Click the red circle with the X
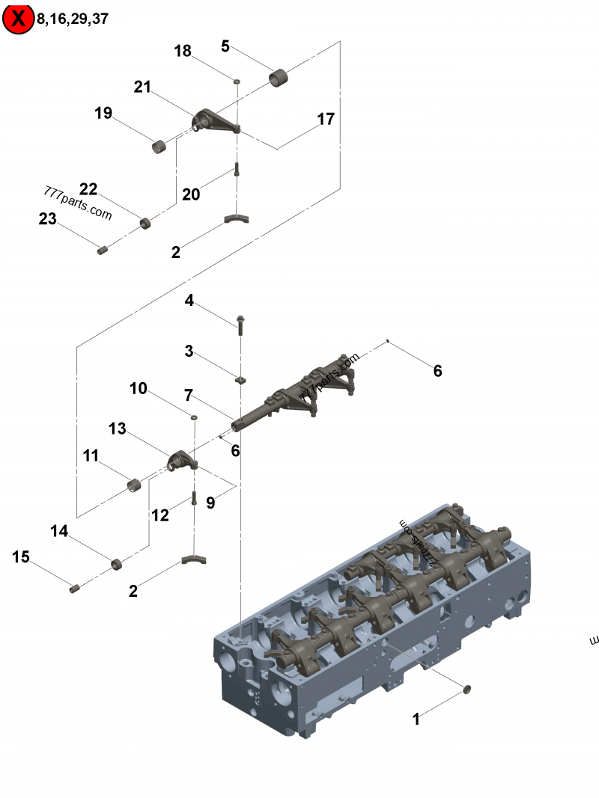pyautogui.click(x=18, y=19)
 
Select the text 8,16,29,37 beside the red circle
pyautogui.click(x=72, y=19)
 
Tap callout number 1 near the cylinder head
pyautogui.click(x=416, y=719)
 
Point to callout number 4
pyautogui.click(x=189, y=301)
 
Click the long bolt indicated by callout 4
pyautogui.click(x=240, y=323)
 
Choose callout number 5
pyautogui.click(x=225, y=46)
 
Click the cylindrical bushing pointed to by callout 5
pyautogui.click(x=280, y=77)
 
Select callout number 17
pyautogui.click(x=326, y=119)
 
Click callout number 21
pyautogui.click(x=143, y=88)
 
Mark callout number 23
pyautogui.click(x=48, y=219)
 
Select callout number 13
pyautogui.click(x=118, y=429)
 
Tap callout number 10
pyautogui.click(x=139, y=389)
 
